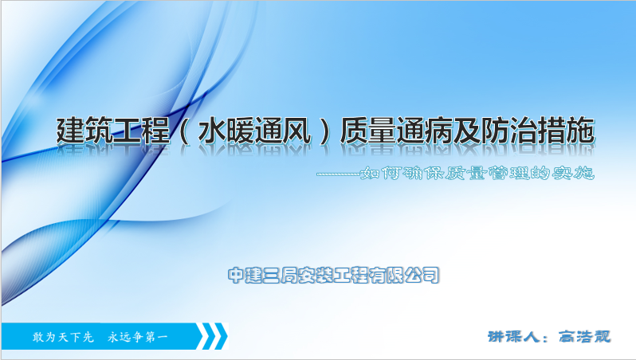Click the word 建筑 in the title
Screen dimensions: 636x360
(x=84, y=131)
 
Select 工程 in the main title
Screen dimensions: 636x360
(x=141, y=131)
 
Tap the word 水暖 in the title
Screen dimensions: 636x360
(x=226, y=131)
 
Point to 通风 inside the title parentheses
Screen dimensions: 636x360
(x=283, y=131)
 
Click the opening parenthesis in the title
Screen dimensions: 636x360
(x=184, y=131)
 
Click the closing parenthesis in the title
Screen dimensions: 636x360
(x=325, y=131)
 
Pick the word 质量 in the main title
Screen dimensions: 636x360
(x=368, y=131)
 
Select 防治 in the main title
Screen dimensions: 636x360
(x=509, y=131)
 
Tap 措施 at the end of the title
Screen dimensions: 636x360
(x=566, y=131)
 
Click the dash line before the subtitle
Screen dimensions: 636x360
(x=339, y=174)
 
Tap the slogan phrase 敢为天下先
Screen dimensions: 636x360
(x=63, y=337)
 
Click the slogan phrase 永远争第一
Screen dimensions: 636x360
(x=138, y=337)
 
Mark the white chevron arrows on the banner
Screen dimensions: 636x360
(x=212, y=335)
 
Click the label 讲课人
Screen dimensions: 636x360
(x=513, y=336)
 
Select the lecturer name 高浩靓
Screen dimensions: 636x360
(x=584, y=336)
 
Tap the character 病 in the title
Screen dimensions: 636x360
(x=439, y=131)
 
